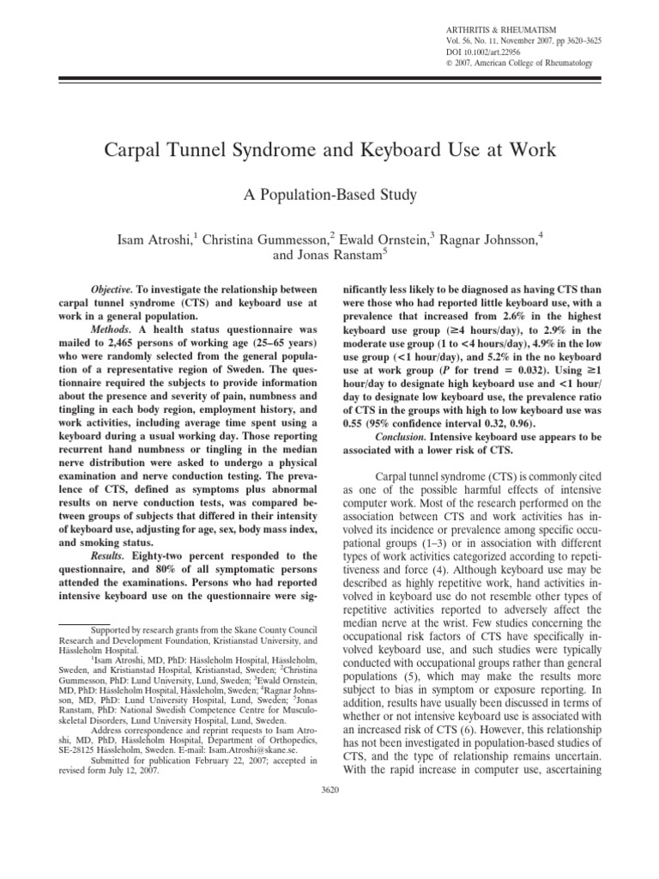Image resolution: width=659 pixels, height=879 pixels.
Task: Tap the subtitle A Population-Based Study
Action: click(329, 196)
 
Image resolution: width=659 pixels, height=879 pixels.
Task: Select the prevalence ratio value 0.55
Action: click(356, 422)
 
